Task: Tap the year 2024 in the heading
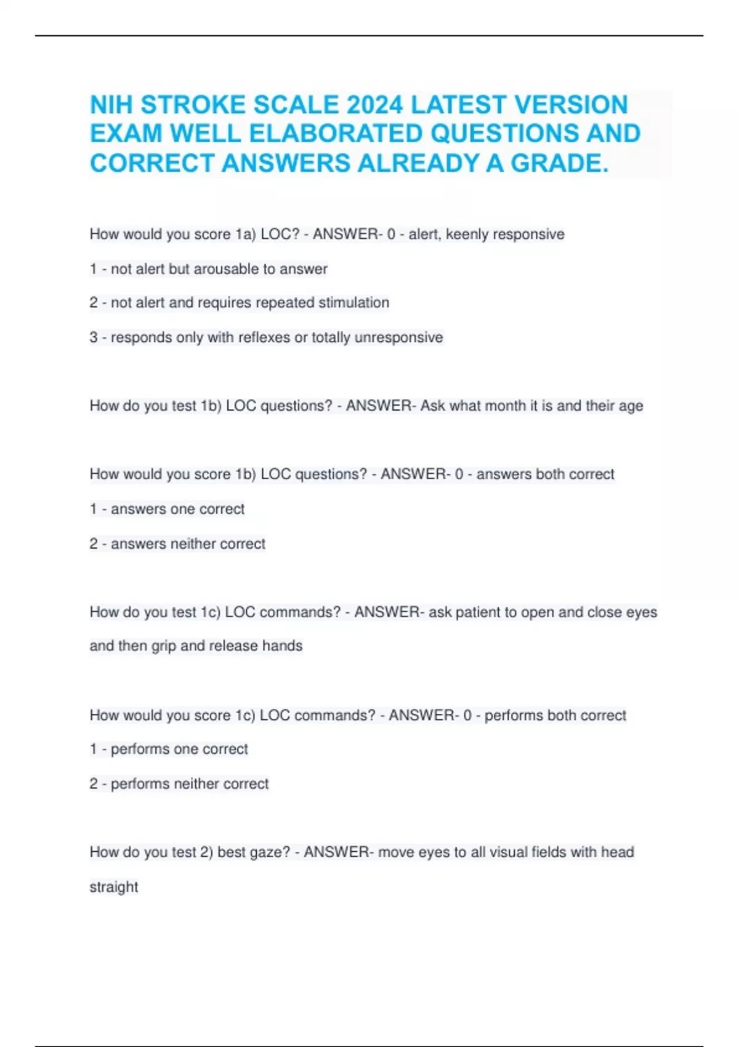click(x=374, y=105)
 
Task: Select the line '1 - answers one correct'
click(x=167, y=509)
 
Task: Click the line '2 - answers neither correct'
click(x=177, y=544)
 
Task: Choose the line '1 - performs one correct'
click(x=169, y=750)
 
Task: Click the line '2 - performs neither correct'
click(x=179, y=784)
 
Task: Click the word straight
click(x=114, y=887)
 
